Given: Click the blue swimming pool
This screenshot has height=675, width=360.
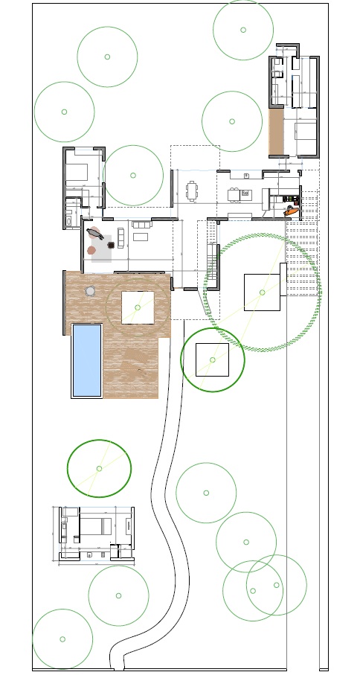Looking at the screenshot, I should coord(86,360).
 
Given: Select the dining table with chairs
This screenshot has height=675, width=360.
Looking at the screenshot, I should coord(193,191).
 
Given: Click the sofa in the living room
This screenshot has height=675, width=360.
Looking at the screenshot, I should coord(141,224).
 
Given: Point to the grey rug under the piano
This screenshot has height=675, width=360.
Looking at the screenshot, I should coord(102,247).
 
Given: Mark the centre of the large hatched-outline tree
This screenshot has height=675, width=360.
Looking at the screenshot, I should coord(263,292).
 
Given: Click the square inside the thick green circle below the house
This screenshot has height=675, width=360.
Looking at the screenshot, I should coord(213,359).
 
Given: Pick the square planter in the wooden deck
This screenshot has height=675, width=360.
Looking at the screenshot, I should coord(138,307).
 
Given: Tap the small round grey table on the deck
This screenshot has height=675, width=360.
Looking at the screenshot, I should coord(91,290).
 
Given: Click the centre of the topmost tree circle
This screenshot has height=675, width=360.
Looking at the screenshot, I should coord(243,30).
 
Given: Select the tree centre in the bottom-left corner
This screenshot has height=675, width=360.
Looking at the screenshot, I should coord(62,639).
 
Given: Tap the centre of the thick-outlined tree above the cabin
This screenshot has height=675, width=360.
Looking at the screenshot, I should coord(99,468).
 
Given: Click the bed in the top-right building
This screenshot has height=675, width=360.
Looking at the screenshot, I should coord(306,132).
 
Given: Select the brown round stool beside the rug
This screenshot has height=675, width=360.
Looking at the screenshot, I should coord(91,250).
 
